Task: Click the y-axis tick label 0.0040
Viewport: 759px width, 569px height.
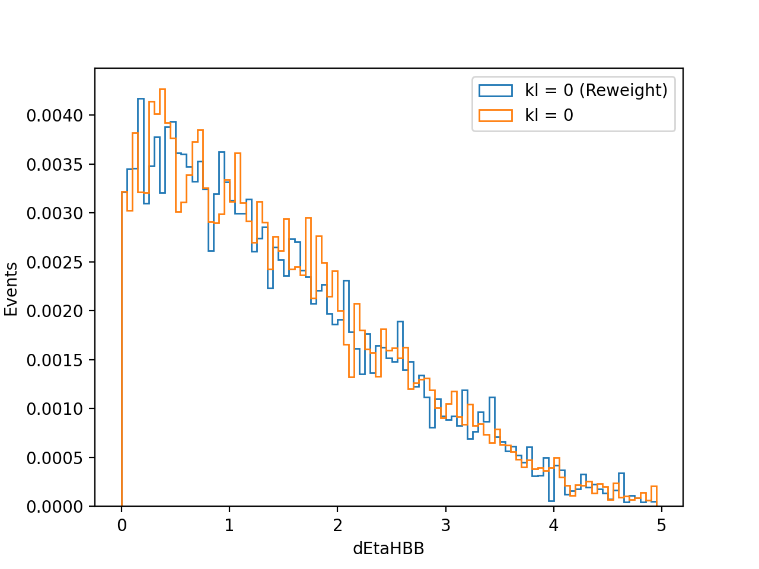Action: tap(55, 116)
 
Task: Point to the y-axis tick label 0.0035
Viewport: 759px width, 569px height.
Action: tap(55, 165)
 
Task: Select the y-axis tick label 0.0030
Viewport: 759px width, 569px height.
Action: tap(55, 213)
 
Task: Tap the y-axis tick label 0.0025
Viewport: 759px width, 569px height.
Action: tap(55, 263)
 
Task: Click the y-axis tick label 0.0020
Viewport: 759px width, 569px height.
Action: tap(55, 311)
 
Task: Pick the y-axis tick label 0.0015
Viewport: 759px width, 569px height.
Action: tap(55, 360)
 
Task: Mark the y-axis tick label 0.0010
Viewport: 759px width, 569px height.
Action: tap(55, 409)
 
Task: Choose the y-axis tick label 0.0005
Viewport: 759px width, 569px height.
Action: tap(55, 458)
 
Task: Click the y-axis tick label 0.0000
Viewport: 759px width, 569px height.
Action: tap(55, 507)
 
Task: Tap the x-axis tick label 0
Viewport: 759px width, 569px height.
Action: tap(122, 526)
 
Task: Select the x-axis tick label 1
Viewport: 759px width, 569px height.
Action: tap(229, 526)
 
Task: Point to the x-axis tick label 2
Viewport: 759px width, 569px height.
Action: tap(337, 526)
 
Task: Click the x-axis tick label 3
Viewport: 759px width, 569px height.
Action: tap(446, 526)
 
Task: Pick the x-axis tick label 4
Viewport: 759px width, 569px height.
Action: tap(554, 526)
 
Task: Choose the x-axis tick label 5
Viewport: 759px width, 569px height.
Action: tap(662, 526)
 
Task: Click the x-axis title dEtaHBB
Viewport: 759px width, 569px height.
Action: tap(388, 549)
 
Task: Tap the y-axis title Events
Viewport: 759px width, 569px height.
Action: tap(11, 289)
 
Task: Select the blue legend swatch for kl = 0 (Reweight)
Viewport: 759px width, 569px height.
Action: tap(496, 91)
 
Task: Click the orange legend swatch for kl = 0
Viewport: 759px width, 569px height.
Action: tap(496, 116)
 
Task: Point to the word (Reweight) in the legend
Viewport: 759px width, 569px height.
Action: tap(623, 91)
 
